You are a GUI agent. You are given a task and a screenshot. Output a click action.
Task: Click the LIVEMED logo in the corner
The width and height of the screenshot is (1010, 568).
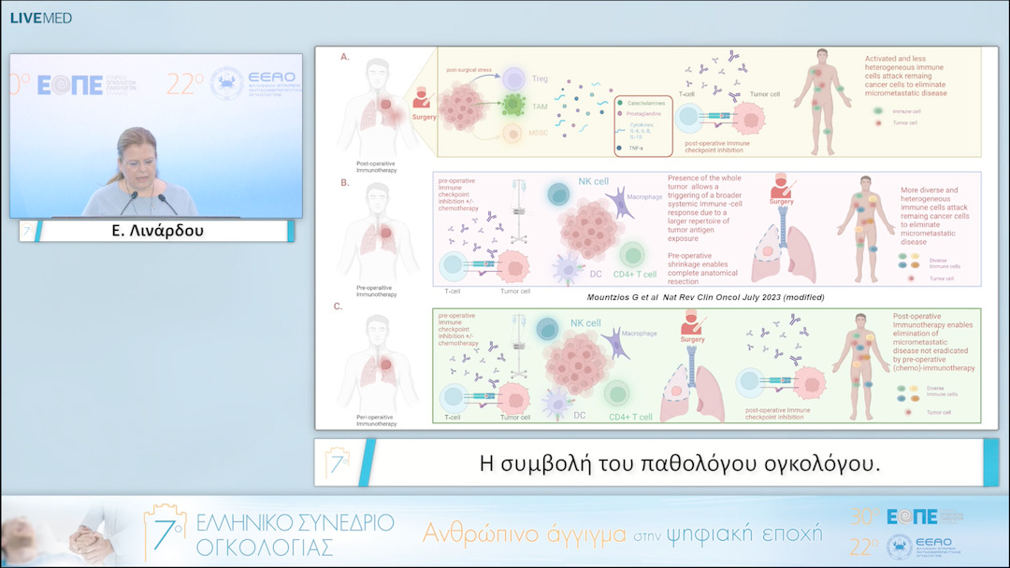click(x=40, y=18)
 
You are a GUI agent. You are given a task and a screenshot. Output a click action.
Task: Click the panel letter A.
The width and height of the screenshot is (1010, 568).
click(x=345, y=57)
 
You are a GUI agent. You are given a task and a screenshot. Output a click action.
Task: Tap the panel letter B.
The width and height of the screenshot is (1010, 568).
click(x=345, y=182)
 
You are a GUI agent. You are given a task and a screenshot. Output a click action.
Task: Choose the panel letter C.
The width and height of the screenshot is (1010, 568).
click(x=339, y=305)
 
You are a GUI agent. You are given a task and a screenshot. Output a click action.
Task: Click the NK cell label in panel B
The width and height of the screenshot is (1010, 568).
click(x=594, y=180)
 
